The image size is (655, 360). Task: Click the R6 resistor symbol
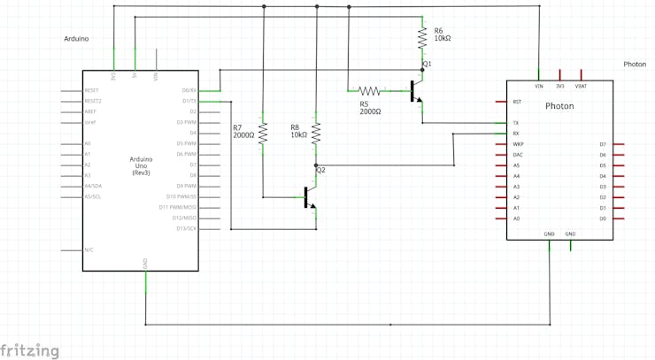pyautogui.click(x=423, y=36)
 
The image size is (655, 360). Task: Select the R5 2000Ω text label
pyautogui.click(x=370, y=108)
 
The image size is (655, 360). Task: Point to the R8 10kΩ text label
pyautogui.click(x=298, y=131)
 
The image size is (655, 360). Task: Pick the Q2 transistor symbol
pyautogui.click(x=308, y=196)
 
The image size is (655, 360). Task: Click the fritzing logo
pyautogui.click(x=30, y=350)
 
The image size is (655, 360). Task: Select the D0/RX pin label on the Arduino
pyautogui.click(x=189, y=90)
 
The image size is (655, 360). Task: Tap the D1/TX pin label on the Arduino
pyautogui.click(x=189, y=101)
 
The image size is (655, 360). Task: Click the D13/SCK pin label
pyautogui.click(x=187, y=228)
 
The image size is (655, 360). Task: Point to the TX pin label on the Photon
pyautogui.click(x=516, y=123)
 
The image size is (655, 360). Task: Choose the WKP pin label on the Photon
pyautogui.click(x=518, y=144)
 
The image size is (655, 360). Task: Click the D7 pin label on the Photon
pyautogui.click(x=603, y=144)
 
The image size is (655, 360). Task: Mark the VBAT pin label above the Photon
pyautogui.click(x=581, y=86)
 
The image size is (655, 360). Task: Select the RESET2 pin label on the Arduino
pyautogui.click(x=93, y=101)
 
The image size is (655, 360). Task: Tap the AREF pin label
pyautogui.click(x=90, y=111)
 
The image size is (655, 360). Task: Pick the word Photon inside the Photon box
pyautogui.click(x=559, y=106)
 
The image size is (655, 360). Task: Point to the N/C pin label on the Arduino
pyautogui.click(x=89, y=249)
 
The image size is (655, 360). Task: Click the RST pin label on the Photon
pyautogui.click(x=517, y=102)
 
